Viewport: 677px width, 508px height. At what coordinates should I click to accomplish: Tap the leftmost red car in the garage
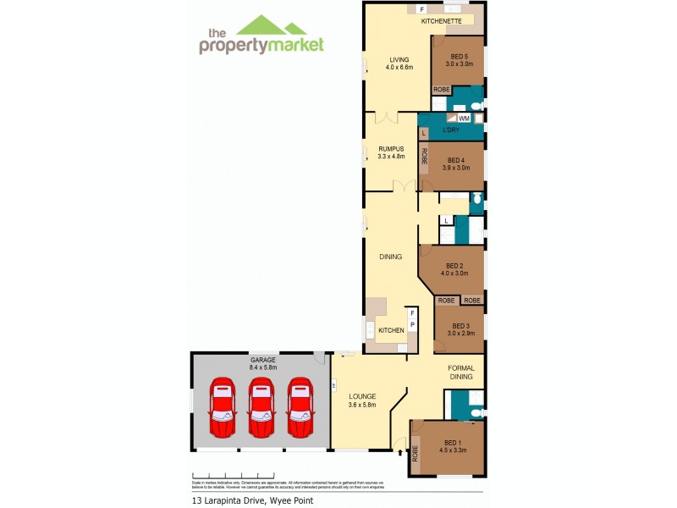[222, 406]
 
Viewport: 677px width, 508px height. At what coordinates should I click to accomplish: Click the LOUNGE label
[363, 396]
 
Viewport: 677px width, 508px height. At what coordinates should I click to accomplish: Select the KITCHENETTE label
[441, 20]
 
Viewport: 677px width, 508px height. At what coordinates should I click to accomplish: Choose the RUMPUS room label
[391, 147]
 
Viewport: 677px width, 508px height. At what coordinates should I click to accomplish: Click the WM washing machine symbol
[464, 119]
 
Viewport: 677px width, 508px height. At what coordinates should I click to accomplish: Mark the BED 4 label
[456, 160]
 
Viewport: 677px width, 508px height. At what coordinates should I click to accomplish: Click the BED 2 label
[454, 265]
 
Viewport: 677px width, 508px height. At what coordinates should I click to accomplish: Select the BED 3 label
[460, 326]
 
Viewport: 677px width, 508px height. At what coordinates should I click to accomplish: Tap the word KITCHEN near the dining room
[391, 329]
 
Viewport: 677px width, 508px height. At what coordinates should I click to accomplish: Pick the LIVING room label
[399, 59]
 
